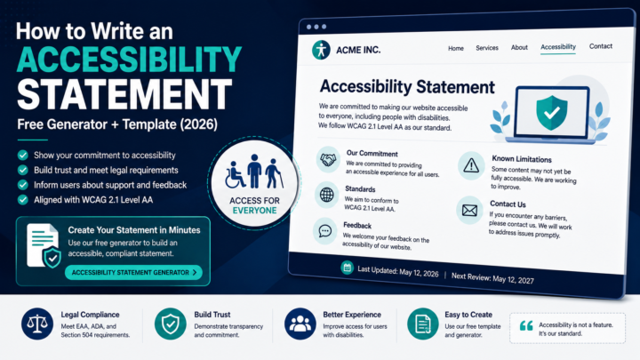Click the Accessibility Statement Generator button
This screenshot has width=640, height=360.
coord(133,272)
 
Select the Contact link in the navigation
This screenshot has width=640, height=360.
coord(600,46)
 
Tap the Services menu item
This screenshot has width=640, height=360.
coord(487,48)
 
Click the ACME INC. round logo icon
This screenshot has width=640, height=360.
coord(321,50)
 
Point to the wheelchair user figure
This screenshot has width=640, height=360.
coord(235,175)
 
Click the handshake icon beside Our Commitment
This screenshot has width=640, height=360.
coord(328,159)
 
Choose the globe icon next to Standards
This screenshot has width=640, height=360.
coord(326,195)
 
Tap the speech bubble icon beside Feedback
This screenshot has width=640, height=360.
coord(325,231)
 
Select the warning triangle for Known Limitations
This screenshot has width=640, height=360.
coord(471,165)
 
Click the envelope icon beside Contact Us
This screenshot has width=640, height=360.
coord(469,210)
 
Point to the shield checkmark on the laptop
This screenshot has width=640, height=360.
coord(551,113)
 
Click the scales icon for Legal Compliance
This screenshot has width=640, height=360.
coord(37,324)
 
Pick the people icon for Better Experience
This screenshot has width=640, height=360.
coord(300,324)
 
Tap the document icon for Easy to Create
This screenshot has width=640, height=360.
coord(423,324)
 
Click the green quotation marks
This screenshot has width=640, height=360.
coord(526,325)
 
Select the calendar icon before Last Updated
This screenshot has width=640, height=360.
coord(347,268)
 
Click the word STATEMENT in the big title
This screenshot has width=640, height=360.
coord(124,94)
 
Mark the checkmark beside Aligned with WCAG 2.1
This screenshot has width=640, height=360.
coord(23,200)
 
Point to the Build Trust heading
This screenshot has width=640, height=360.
coord(212,315)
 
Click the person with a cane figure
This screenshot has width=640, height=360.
coord(274,174)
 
